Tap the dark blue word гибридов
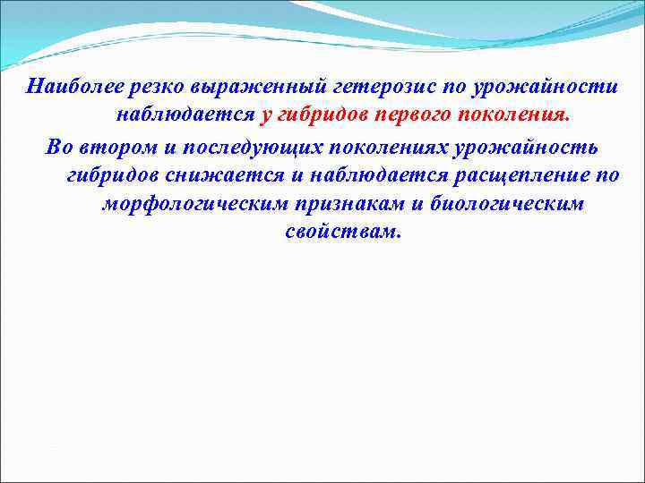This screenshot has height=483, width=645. (111, 174)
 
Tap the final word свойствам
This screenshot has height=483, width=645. (344, 233)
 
